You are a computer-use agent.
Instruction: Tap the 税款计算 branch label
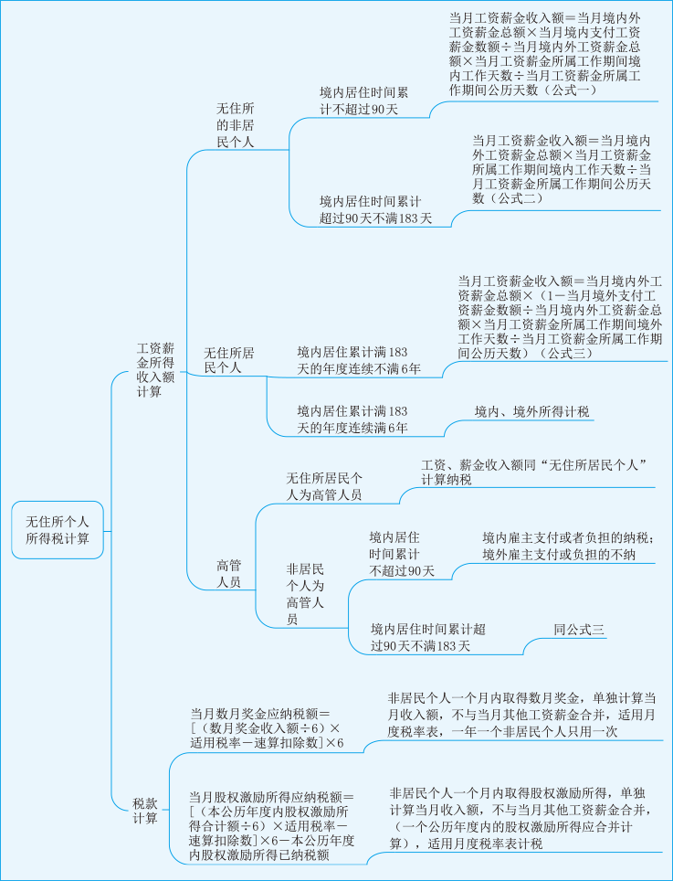point(144,811)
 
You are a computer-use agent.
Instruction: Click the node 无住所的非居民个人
point(235,125)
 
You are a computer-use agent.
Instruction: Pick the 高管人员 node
point(228,574)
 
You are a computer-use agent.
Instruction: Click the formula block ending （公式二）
point(562,169)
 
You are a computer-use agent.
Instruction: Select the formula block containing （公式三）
point(559,316)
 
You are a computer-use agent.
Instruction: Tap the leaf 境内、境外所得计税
point(519,411)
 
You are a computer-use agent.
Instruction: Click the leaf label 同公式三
point(579,629)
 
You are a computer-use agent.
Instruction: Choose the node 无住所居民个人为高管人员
point(324,486)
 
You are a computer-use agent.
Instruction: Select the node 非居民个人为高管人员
point(304,593)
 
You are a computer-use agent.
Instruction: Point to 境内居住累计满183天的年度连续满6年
point(352,419)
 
